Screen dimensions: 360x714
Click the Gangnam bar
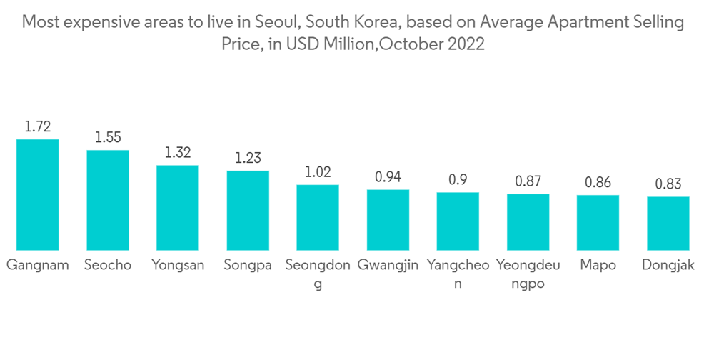[x=38, y=194]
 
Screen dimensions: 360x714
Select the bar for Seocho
[x=108, y=200]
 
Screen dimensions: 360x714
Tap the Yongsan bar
[x=178, y=208]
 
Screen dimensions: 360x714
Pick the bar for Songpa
[x=248, y=211]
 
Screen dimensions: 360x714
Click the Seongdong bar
[x=318, y=218]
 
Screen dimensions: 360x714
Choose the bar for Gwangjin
[x=388, y=220]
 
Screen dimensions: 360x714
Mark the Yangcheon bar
[x=458, y=221]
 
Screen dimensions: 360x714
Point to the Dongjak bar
[x=668, y=224]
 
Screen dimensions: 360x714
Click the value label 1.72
[x=38, y=127]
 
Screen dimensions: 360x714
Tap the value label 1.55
[x=108, y=138]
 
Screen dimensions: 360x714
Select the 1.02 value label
[x=318, y=173]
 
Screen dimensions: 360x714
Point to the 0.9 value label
[x=458, y=180]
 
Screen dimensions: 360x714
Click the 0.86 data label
[x=598, y=183]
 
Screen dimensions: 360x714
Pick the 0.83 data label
[x=668, y=184]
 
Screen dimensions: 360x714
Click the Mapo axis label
[x=598, y=265]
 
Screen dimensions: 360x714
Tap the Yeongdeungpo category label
[x=528, y=274]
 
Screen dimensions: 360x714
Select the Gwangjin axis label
[x=388, y=265]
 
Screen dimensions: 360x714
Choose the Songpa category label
[x=248, y=265]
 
